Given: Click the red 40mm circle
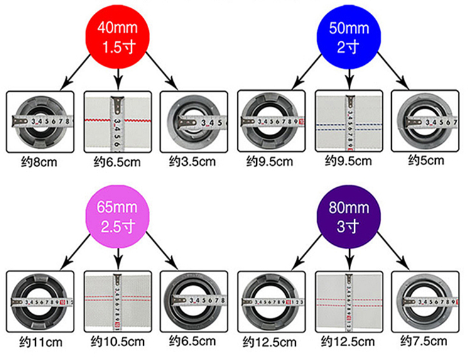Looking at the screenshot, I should pos(119,37).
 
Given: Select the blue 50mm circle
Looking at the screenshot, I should pos(350,37).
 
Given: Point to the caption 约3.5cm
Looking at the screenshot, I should pos(193,161).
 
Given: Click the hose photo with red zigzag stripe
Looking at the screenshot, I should pos(117,121).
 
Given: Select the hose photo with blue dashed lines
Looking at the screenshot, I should pos(349,121).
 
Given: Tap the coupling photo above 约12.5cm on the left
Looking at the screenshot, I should pos(272,301).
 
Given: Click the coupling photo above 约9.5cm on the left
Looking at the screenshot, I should pos(272,121).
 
